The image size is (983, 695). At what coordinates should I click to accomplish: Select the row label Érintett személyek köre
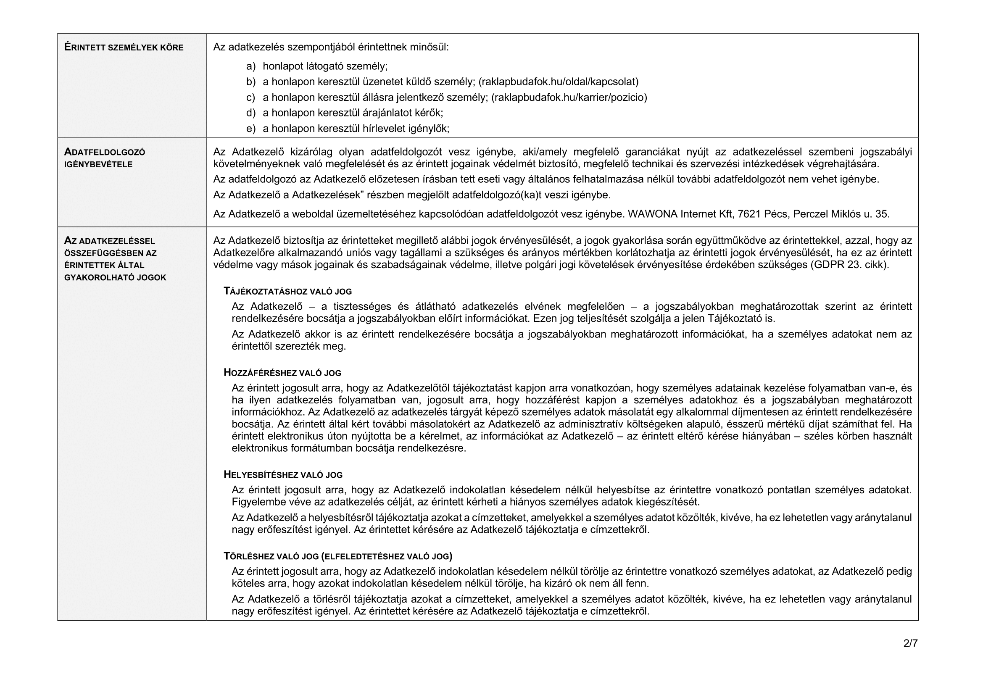tap(124, 47)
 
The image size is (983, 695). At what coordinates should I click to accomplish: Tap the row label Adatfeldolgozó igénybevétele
tap(105, 158)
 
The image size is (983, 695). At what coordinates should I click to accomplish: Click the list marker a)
tap(251, 66)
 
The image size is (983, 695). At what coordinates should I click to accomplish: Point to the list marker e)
tap(251, 129)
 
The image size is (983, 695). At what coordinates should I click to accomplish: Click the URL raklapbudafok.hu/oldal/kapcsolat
tap(558, 82)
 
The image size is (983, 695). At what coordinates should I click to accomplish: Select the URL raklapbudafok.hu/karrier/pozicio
tap(569, 97)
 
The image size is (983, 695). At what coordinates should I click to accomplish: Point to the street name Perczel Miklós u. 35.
tap(841, 214)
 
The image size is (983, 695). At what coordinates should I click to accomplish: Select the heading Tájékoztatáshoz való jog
tap(288, 292)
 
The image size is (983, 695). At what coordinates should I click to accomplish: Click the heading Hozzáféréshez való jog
tap(282, 373)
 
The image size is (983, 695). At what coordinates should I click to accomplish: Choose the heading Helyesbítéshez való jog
tap(283, 474)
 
